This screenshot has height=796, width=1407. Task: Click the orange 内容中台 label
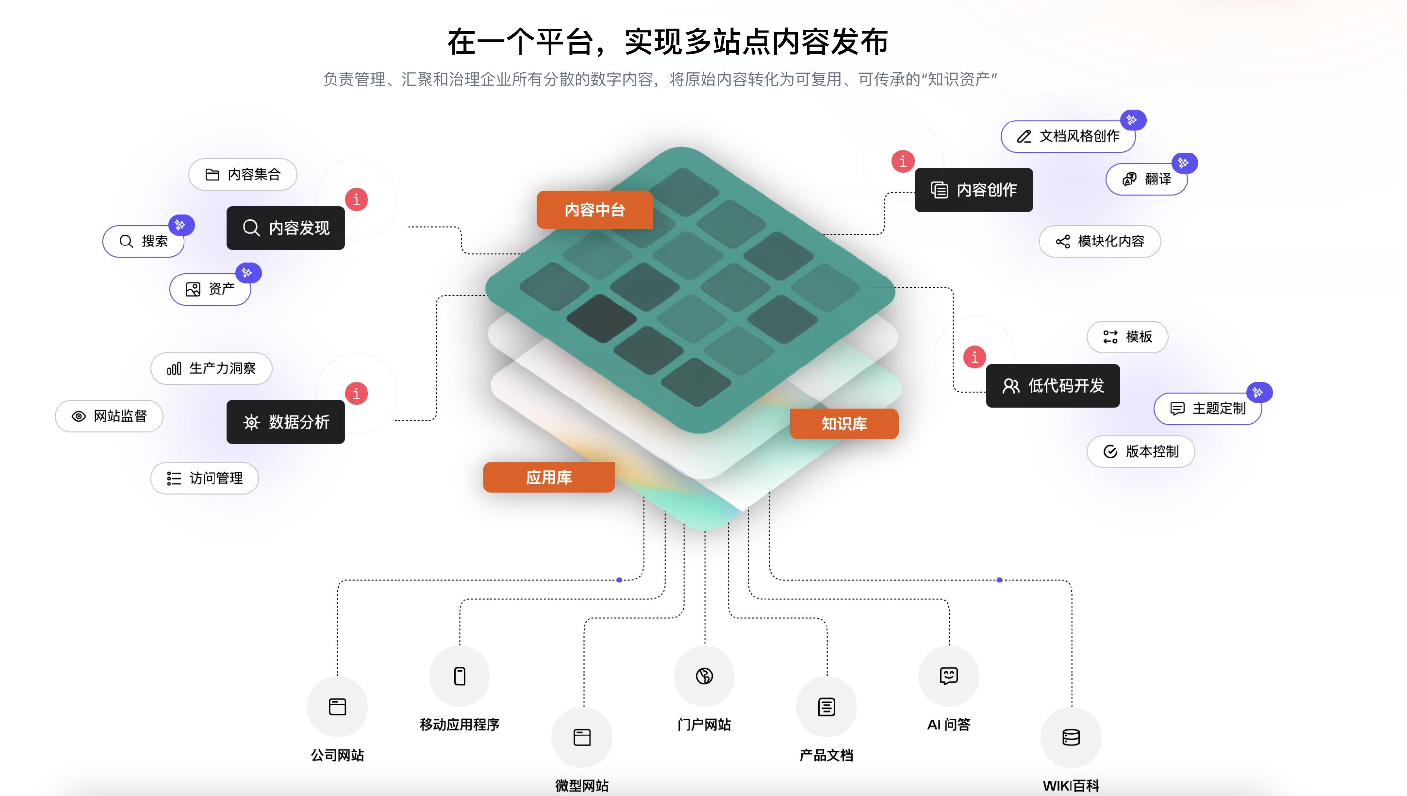coord(595,210)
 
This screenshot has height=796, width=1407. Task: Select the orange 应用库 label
coord(549,477)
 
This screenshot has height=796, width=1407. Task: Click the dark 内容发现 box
coord(286,228)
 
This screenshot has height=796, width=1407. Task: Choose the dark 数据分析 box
coord(286,422)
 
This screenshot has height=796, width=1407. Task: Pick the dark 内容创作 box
coord(974,190)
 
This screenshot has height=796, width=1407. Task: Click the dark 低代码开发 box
coord(1053,386)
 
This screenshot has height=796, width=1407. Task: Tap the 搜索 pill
coord(144,241)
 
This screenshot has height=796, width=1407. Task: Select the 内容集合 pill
coord(243,174)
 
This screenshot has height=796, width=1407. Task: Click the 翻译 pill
coord(1147,179)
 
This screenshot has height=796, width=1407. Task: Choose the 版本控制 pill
coord(1141,452)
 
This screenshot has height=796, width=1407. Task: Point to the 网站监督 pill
coord(109,416)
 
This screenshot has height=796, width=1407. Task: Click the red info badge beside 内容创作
coord(902,161)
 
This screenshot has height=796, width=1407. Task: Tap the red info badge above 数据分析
coord(356,393)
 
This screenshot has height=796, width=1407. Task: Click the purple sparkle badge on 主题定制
coord(1259,392)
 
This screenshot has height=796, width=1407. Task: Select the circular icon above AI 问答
coord(948,676)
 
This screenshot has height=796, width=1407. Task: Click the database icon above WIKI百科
coord(1071,737)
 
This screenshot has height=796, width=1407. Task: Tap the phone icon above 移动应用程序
coord(459,676)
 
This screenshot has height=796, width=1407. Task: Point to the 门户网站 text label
coord(704,724)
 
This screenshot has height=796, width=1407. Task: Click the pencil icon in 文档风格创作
coord(1024,137)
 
